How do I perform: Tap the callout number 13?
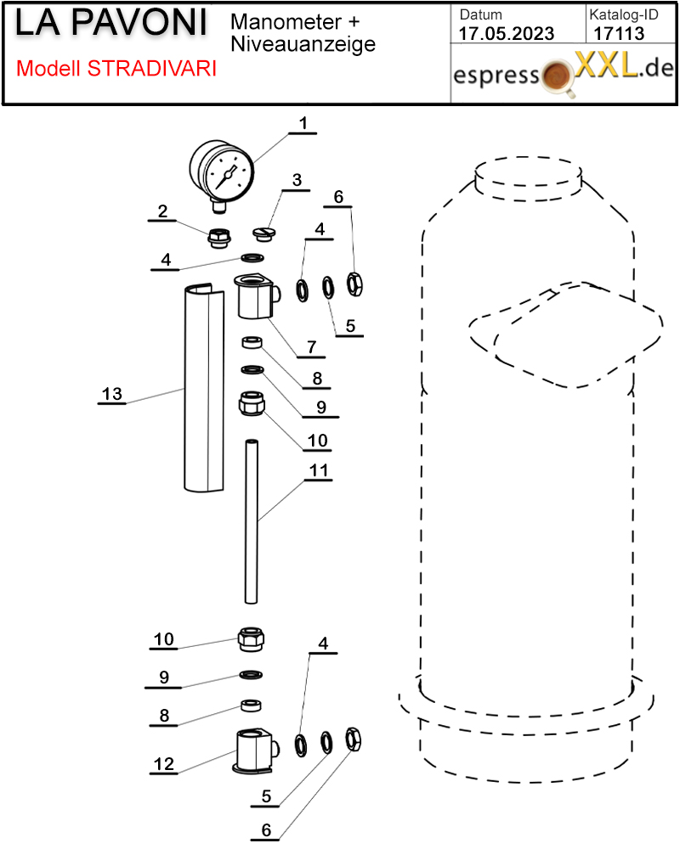[112, 394]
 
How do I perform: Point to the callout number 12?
[163, 764]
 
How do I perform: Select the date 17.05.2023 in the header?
[506, 33]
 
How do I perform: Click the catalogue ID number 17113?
[619, 33]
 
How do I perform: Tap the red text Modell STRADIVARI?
[116, 69]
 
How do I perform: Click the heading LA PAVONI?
[111, 24]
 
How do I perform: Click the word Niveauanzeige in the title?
[303, 44]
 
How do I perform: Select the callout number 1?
[302, 124]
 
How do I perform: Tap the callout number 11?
[320, 469]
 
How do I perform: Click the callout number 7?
[311, 346]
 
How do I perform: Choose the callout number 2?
[162, 211]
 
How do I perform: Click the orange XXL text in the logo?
[605, 65]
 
